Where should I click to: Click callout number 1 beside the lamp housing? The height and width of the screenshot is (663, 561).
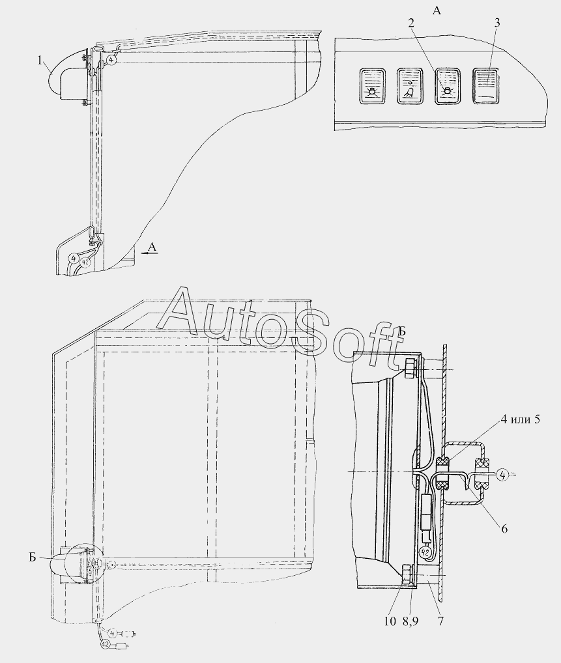click(x=40, y=61)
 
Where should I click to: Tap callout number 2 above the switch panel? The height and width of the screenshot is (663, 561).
click(x=411, y=23)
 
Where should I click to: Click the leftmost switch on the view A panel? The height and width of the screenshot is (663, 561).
click(x=373, y=86)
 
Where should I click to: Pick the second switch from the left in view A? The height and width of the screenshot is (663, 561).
click(x=410, y=86)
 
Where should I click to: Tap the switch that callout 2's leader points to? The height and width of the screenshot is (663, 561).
click(x=448, y=85)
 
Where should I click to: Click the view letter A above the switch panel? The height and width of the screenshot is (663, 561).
click(x=437, y=10)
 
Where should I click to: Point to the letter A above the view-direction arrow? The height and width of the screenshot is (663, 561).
click(x=152, y=247)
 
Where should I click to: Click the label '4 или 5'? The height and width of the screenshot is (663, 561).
click(x=520, y=419)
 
